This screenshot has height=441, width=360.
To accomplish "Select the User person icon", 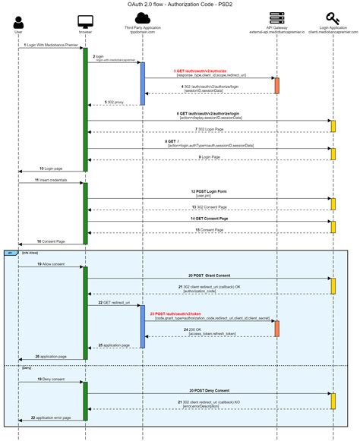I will point(17,22).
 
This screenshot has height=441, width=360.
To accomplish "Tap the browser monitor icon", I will point(85,21).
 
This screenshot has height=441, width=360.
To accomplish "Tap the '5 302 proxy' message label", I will point(114,101).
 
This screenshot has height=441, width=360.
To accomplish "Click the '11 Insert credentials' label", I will point(50,180).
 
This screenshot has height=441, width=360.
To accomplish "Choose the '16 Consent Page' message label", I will point(50,241).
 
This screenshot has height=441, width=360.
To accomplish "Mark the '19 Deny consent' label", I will point(50,379).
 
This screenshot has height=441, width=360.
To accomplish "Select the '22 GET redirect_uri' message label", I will point(114,302).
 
